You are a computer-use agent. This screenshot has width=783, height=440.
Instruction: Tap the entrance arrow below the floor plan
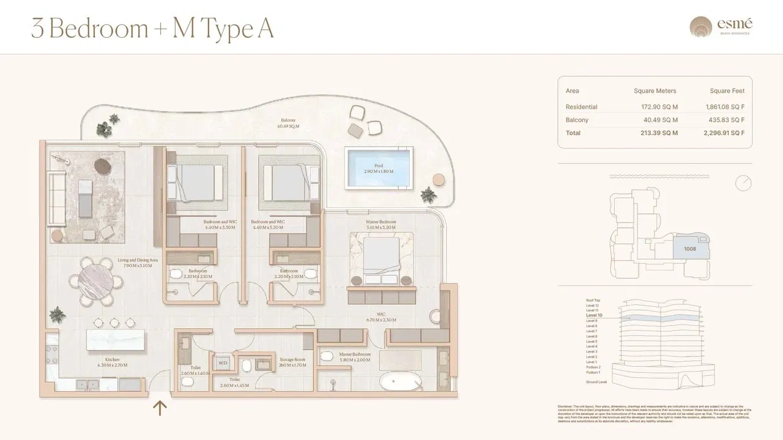coord(160,408)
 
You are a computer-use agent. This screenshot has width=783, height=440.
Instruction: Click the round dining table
coord(96,280)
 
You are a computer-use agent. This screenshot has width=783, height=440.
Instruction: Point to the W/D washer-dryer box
coord(223,362)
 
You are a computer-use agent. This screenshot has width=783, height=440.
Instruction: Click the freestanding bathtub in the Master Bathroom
coord(401,383)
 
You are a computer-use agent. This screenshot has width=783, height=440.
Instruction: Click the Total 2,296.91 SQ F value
coord(725,133)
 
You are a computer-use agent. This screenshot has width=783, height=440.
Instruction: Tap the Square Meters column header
coord(655,91)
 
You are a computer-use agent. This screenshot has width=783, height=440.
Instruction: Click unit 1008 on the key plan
coord(690,249)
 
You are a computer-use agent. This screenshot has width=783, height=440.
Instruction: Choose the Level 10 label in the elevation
coord(593,315)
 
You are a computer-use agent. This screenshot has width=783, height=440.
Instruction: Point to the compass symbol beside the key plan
coord(743,183)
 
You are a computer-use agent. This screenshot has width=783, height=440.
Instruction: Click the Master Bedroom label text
coord(381,222)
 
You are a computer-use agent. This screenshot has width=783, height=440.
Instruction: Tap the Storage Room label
coord(292,360)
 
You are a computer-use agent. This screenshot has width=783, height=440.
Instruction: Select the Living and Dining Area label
coord(138,260)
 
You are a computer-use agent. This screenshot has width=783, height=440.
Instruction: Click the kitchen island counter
coord(116,340)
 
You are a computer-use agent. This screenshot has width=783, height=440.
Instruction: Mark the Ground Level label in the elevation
coord(596,382)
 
